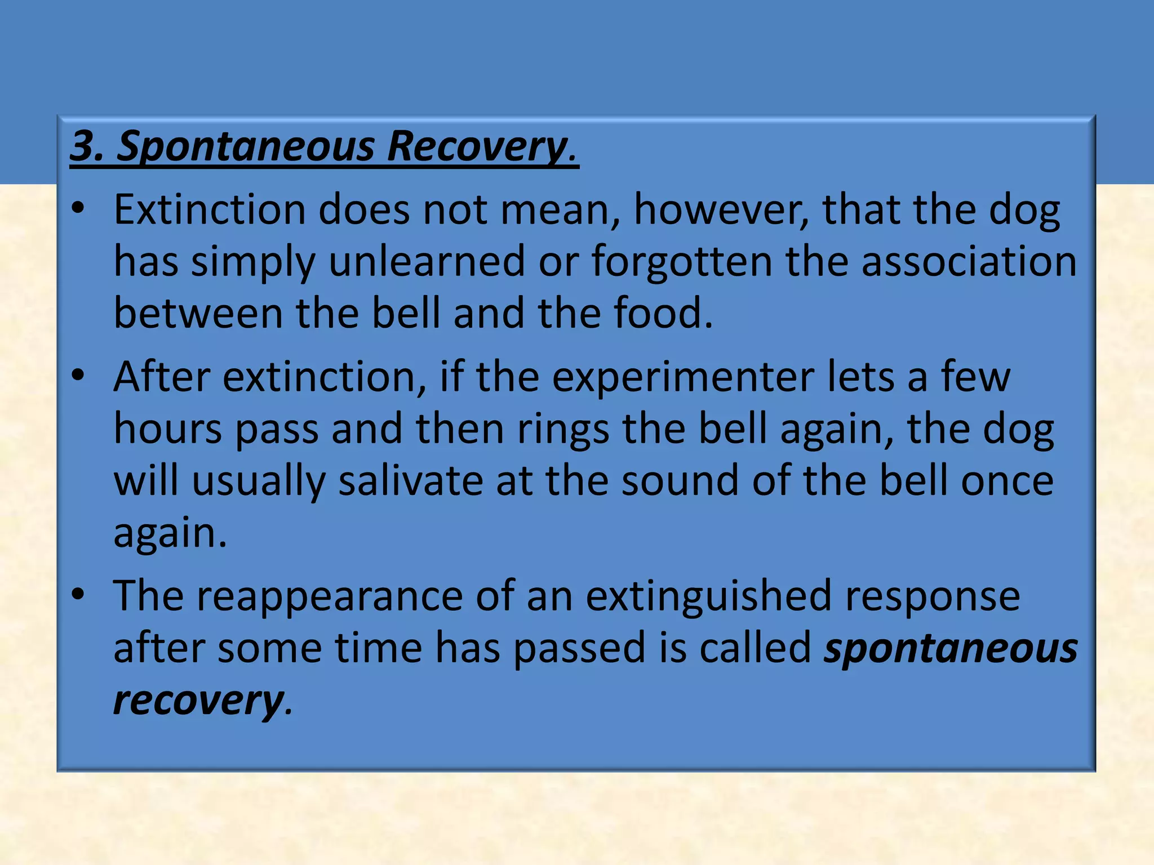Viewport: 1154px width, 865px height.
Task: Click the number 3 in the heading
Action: (82, 146)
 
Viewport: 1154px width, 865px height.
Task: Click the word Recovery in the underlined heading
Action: (477, 146)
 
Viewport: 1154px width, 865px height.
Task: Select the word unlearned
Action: (427, 261)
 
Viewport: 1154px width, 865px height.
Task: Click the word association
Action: (969, 261)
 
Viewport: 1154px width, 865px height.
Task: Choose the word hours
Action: (168, 429)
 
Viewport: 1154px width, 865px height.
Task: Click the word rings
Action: (563, 429)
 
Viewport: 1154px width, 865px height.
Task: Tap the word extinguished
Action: (708, 595)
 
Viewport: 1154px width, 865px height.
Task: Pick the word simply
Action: (253, 261)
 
